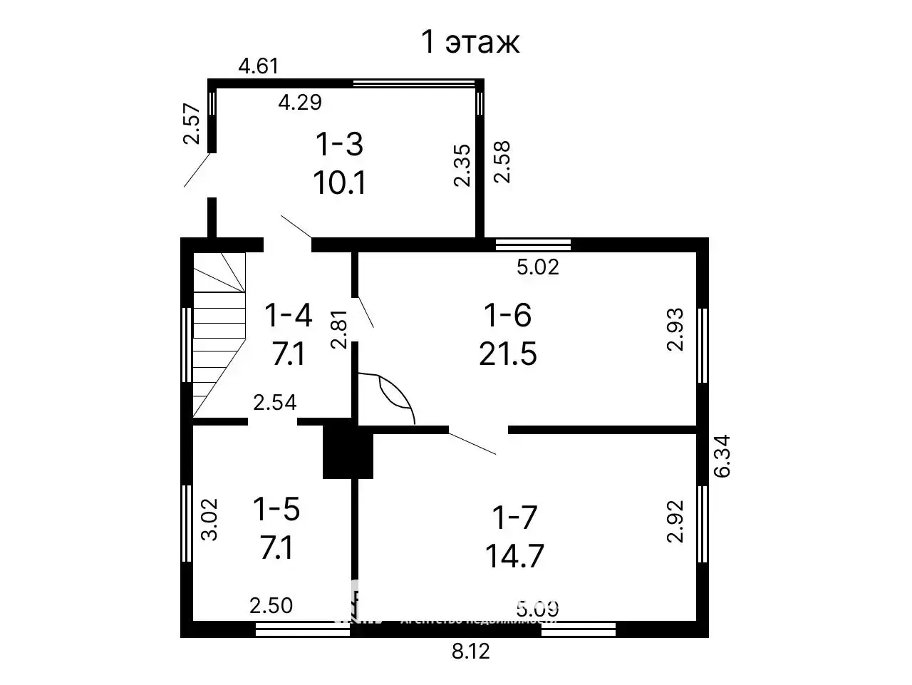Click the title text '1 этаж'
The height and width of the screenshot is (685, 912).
click(470, 42)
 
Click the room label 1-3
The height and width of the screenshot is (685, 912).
click(339, 145)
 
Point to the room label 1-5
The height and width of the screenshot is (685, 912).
click(276, 510)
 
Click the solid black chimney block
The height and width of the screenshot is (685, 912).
click(348, 452)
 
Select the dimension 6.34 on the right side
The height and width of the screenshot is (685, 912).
click(722, 456)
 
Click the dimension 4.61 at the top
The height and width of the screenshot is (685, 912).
click(258, 67)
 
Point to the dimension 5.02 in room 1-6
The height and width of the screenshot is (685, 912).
click(537, 267)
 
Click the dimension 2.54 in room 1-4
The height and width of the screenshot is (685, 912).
click(274, 403)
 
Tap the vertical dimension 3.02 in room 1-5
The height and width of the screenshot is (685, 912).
click(209, 520)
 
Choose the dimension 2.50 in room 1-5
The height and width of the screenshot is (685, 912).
click(271, 606)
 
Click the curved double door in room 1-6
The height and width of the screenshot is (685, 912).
click(388, 398)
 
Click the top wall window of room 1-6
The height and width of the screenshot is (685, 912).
click(533, 245)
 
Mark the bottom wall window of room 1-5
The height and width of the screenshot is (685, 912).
click(292, 629)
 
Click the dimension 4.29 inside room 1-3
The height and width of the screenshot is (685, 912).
click(299, 103)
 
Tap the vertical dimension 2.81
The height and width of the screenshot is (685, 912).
click(339, 329)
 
